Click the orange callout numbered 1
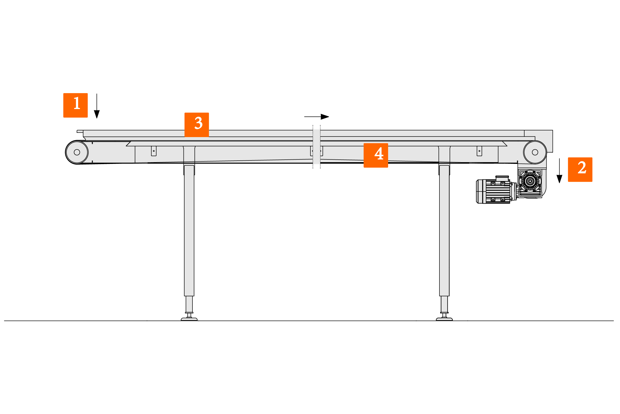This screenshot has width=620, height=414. pos(75,105)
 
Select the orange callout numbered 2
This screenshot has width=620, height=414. pos(580,170)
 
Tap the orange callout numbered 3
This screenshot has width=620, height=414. pos(197,125)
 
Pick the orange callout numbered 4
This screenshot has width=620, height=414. pos(376,155)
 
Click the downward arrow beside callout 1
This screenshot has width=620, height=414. pos(97,106)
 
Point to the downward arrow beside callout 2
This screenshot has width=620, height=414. pos(559,171)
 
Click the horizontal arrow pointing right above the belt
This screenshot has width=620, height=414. pos(317,117)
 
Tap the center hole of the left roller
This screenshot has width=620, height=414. pos(77,152)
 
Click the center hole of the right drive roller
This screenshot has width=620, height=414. pos(535,152)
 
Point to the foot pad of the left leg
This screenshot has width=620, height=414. pos(189,319)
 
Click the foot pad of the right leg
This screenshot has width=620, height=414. pos(444,319)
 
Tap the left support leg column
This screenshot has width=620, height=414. pos(189,230)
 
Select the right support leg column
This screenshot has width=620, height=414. pos(444,230)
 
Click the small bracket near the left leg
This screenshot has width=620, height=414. pos(154,151)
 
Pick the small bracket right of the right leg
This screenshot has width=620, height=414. pos(479,151)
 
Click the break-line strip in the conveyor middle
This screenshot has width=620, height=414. pos(317,147)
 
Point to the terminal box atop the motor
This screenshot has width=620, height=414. pos(502,179)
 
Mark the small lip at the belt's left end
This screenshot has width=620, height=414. pos(80,131)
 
